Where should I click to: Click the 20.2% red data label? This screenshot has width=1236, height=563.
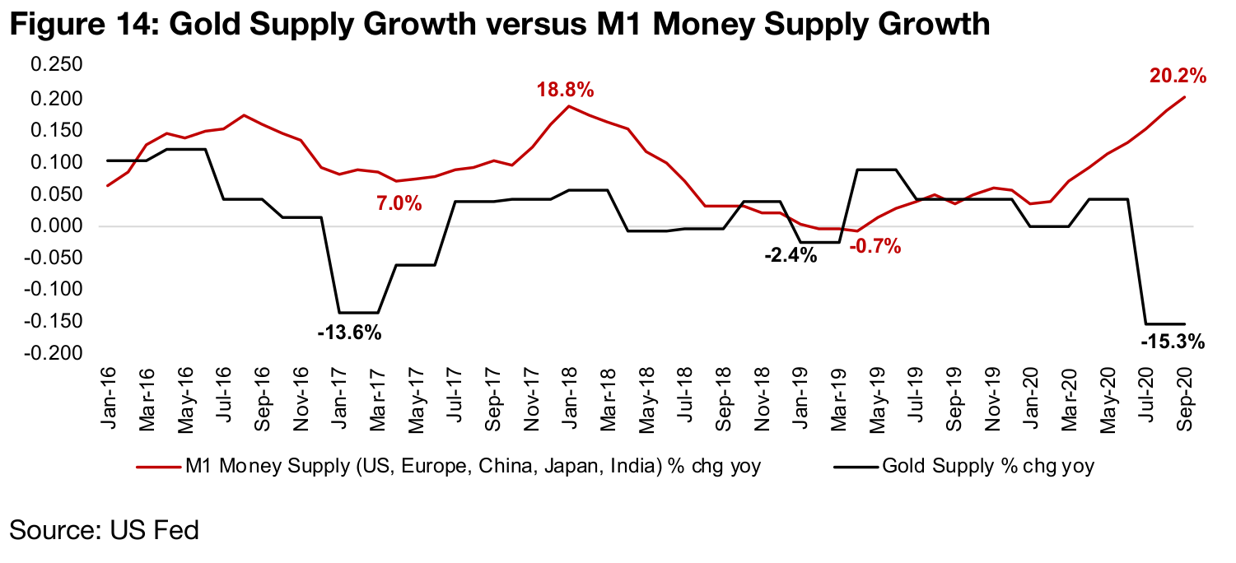coord(1178,77)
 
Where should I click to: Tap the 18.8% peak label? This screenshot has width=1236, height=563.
coord(565,90)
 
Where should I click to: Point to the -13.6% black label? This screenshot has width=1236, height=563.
coord(349,333)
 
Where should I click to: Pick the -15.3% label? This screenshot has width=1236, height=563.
coord(1173,341)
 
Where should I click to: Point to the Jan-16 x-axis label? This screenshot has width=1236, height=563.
coord(109,393)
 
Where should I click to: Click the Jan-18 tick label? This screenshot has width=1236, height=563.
coord(568,393)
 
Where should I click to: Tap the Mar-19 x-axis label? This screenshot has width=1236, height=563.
coord(838,393)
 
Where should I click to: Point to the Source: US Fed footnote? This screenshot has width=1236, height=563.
coord(104,529)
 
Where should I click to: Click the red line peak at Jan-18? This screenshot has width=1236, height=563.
coord(568,105)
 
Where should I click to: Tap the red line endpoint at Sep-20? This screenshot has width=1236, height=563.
coord(1185,97)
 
